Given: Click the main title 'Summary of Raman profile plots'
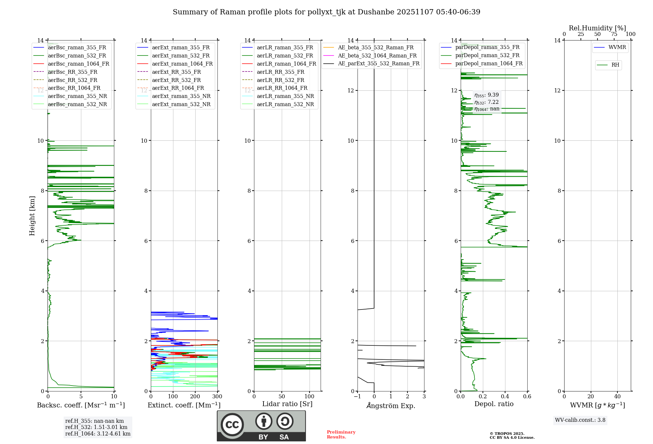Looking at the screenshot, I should coord(326,12).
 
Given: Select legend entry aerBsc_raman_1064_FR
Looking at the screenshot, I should coord(78,64).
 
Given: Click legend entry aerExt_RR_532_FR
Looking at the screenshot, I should coord(176,80).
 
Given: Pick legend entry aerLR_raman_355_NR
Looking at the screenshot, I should coord(285,96).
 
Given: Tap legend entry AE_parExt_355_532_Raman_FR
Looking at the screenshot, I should coord(378,63).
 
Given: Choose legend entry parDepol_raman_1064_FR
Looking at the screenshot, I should coord(489,63).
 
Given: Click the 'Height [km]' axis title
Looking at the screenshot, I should coord(32,215).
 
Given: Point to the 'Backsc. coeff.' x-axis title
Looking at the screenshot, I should coord(81,405).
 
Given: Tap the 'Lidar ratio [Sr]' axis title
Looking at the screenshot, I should coord(287,404).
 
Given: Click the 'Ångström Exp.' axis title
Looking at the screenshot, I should coord(391,406).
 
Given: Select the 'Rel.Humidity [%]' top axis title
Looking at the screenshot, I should coord(597,28).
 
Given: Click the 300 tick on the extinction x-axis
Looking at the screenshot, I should coord(217,397).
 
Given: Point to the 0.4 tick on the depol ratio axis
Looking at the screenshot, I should coord(505,397).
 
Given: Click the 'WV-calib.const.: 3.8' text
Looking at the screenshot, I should coord(580,420).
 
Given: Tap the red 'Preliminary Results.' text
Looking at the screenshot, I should coord(341,435).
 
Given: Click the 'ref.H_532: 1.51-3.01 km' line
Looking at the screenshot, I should coord(96,427).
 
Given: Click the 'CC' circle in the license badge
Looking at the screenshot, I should coord(232,425).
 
